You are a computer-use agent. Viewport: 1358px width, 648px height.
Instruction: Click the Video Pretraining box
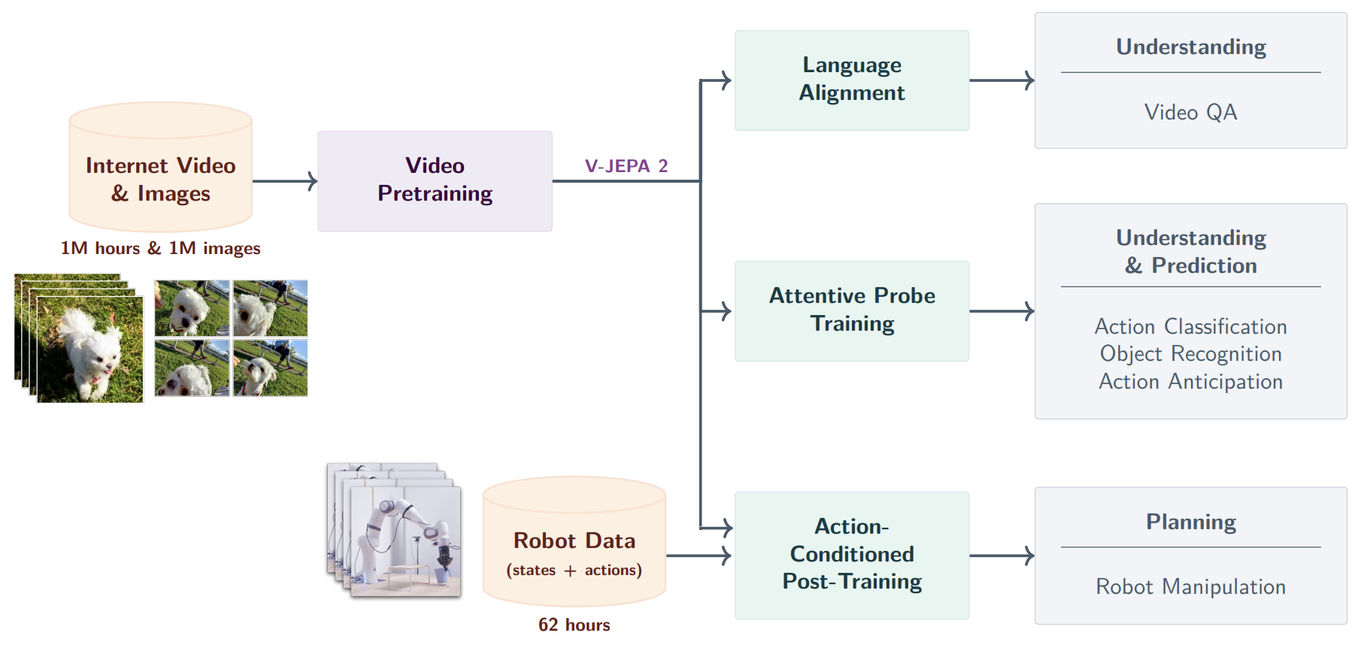point(435,180)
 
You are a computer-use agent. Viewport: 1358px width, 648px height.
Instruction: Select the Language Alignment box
point(851,80)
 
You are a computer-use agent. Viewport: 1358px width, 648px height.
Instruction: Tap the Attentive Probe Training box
point(851,310)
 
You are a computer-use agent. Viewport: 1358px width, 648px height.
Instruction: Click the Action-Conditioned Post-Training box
point(851,555)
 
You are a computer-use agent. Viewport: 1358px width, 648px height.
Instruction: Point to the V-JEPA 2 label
point(626,166)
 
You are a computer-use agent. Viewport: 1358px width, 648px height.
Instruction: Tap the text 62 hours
point(574,625)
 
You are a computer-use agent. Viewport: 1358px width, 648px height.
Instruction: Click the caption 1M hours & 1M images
point(160,248)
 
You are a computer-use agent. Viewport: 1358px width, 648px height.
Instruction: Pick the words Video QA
point(1190,113)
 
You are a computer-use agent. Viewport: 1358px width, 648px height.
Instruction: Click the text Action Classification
point(1190,326)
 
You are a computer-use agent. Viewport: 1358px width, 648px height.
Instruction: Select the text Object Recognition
point(1190,354)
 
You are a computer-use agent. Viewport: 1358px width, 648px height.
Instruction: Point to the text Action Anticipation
point(1190,382)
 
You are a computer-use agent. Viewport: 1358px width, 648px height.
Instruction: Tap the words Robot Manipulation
point(1190,586)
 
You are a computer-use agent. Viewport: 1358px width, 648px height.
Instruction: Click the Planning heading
point(1190,522)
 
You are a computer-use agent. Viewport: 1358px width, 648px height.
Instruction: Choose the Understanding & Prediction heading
point(1190,251)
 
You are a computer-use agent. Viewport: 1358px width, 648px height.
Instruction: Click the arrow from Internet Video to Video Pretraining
point(284,181)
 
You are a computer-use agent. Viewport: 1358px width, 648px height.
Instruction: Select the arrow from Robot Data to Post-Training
point(698,556)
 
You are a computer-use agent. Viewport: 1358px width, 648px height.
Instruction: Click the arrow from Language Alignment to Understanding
point(1002,80)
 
